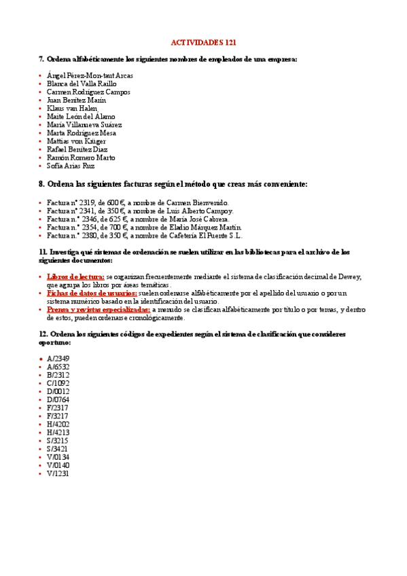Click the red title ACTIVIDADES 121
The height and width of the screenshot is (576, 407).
(x=203, y=42)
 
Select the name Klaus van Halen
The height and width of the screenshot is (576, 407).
(x=72, y=108)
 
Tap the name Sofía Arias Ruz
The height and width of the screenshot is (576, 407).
(x=71, y=166)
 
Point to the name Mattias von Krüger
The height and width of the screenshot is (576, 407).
(x=76, y=141)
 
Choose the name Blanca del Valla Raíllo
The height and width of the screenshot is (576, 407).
(x=82, y=84)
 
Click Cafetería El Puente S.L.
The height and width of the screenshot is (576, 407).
(x=208, y=236)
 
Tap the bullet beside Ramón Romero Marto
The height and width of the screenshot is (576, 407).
(x=40, y=158)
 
